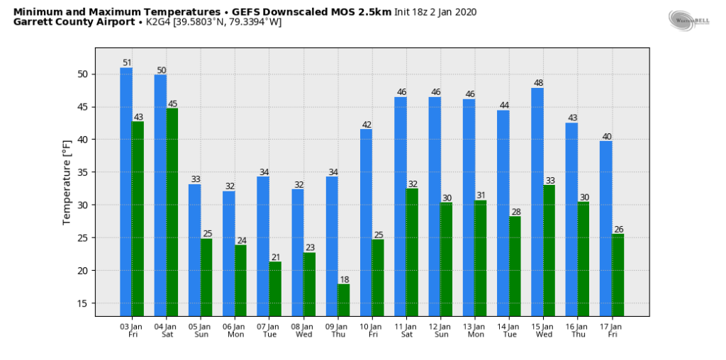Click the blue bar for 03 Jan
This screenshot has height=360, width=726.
click(126, 191)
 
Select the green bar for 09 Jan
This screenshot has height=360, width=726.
click(343, 300)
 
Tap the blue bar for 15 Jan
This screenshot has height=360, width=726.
click(537, 202)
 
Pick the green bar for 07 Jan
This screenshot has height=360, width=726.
click(275, 288)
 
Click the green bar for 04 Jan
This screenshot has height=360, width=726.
click(172, 212)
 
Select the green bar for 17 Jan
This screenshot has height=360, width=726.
click(618, 275)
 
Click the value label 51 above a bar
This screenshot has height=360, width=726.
click(127, 62)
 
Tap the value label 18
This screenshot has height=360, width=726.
click(343, 279)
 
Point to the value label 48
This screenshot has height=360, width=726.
click(537, 83)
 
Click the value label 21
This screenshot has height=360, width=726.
click(275, 257)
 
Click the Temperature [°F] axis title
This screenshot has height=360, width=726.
click(67, 182)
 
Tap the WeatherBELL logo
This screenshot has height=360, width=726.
click(689, 20)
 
